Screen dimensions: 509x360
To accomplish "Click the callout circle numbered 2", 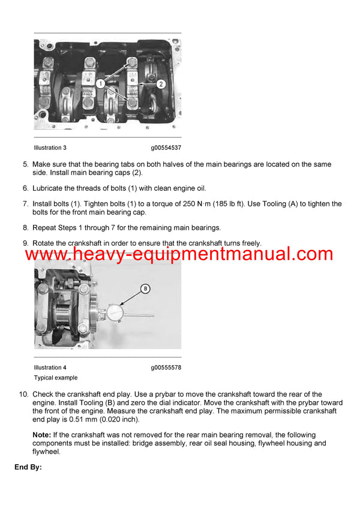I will click(x=160, y=85).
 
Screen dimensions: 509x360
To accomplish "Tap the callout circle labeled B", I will click(x=145, y=289).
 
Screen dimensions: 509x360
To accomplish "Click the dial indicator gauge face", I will click(x=115, y=312).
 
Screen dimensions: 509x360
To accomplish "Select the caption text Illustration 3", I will click(x=50, y=147).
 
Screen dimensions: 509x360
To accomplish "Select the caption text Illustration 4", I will click(x=50, y=368).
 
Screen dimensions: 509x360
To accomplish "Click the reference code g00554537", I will click(x=166, y=147).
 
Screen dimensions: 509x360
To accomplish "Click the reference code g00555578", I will click(x=166, y=368).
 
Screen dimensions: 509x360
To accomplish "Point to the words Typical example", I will click(x=56, y=378).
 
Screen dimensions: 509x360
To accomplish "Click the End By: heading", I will click(x=28, y=466).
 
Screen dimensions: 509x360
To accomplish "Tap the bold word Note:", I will click(x=41, y=435).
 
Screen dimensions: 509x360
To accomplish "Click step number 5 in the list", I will click(x=25, y=164).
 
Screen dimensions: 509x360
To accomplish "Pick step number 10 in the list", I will click(x=24, y=394).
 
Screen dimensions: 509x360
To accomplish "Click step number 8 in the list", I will click(x=25, y=227).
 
